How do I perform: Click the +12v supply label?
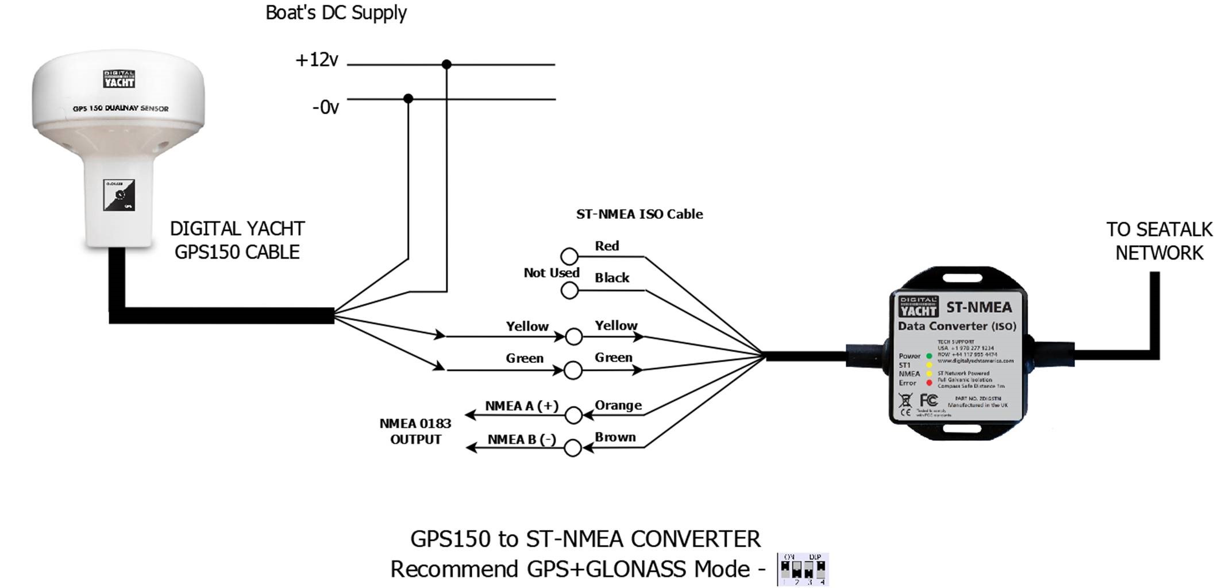(317, 60)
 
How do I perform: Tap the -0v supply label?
(325, 107)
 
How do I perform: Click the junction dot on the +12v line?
(446, 64)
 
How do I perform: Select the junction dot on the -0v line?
(408, 99)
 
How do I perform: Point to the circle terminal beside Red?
(569, 256)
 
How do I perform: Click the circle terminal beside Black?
(569, 291)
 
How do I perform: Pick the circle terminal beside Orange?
(573, 415)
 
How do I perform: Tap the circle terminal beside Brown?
(573, 448)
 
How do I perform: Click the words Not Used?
(551, 273)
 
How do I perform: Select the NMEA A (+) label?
(522, 406)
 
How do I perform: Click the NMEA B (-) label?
(522, 439)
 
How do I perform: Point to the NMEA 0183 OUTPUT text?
(415, 431)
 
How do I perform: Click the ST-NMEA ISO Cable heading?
(639, 214)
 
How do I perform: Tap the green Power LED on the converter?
(929, 356)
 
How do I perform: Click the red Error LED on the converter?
(929, 383)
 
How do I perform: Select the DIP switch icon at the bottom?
(803, 570)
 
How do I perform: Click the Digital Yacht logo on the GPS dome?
(120, 79)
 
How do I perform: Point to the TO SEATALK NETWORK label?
(1159, 241)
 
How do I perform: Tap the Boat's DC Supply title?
(336, 13)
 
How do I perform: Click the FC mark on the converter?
(928, 400)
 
